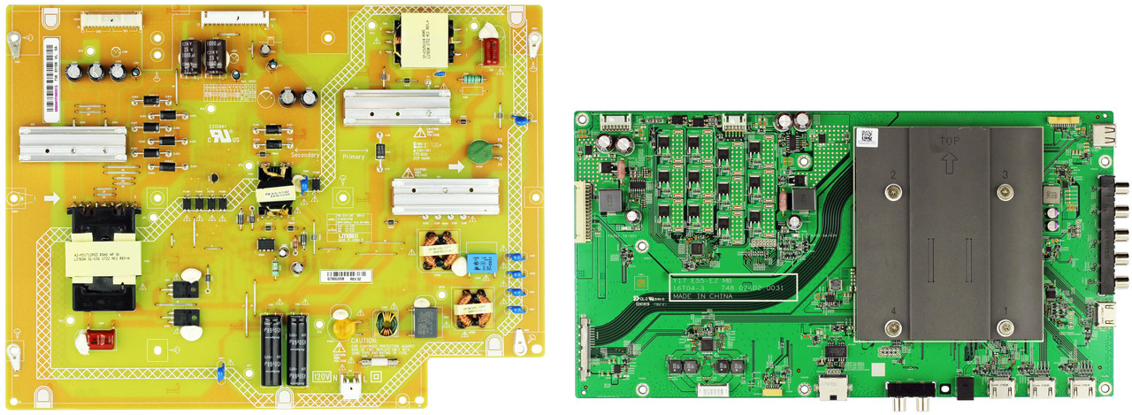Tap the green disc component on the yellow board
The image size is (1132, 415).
(x=479, y=150)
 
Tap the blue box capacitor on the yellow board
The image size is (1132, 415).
(x=484, y=262)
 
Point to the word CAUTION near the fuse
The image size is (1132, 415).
(x=366, y=341)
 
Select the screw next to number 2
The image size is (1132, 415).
(x=896, y=192)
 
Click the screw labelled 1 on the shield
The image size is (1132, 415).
(x=1004, y=328)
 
